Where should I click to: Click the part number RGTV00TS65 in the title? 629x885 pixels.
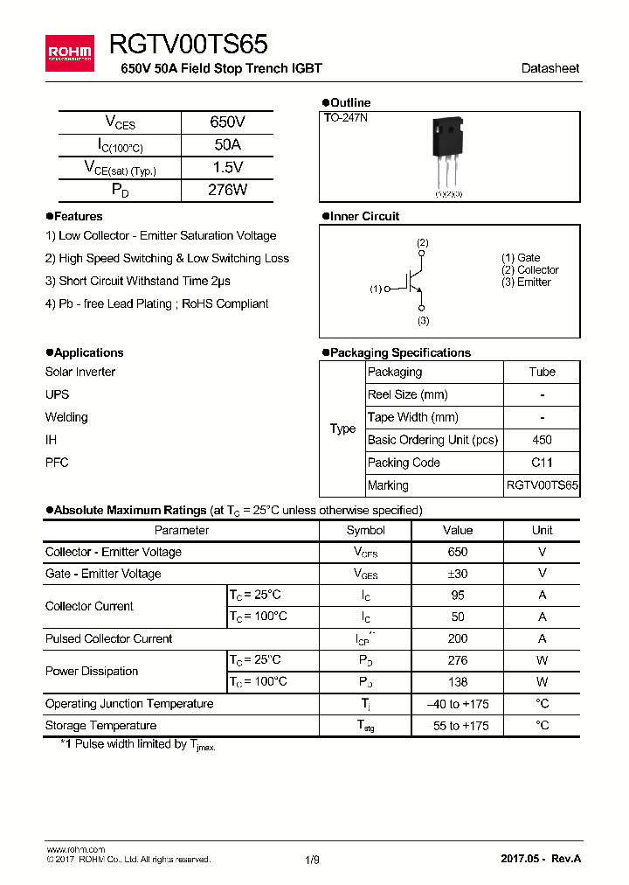189,45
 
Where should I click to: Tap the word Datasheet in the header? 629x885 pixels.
550,68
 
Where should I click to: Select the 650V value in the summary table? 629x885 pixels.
227,122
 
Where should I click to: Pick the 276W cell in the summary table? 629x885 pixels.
227,190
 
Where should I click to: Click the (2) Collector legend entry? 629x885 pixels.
529,270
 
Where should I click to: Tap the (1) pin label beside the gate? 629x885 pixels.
376,289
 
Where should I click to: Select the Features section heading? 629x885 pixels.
78,216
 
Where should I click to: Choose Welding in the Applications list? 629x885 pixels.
66,417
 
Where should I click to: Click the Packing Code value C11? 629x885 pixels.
542,463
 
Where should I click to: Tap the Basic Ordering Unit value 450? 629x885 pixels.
542,440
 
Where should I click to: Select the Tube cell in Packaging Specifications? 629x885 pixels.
542,372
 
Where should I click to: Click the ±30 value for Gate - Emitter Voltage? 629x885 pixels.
457,574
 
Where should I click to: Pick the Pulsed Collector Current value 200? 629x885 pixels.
457,638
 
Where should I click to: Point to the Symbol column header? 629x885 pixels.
365,530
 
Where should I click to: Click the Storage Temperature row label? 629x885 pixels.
101,725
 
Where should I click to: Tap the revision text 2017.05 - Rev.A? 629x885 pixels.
540,859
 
